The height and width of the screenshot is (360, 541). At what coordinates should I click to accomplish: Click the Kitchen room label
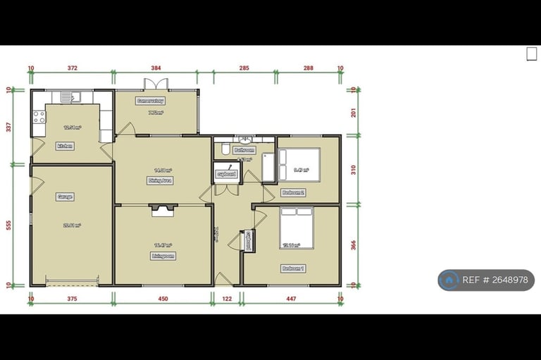[66, 146]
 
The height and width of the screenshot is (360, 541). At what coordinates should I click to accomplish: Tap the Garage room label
[66, 197]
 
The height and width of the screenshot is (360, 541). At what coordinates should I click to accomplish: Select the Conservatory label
[151, 101]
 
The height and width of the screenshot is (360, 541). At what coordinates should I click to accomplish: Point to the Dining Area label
[162, 180]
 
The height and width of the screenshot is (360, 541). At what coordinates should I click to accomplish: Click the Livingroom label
[163, 256]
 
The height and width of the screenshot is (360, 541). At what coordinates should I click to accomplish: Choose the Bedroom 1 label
[293, 268]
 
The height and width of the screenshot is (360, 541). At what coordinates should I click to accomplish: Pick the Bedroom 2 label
[293, 192]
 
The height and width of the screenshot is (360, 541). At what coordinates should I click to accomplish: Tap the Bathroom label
[244, 150]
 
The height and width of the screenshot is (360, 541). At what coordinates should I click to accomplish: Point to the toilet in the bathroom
[224, 149]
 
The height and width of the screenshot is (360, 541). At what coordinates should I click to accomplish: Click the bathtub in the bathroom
[268, 166]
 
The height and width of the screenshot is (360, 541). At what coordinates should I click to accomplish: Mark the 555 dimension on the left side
[8, 225]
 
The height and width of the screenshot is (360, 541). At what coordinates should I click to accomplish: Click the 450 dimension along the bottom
[163, 299]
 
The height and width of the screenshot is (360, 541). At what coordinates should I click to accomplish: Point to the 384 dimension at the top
[156, 68]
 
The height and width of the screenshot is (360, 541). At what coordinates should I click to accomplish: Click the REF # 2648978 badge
[486, 280]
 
